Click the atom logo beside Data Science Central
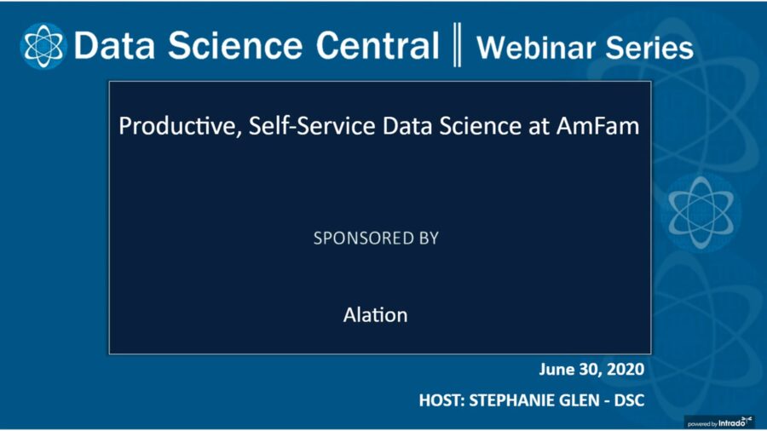43,46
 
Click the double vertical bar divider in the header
457,46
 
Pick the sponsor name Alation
375,315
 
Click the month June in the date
557,370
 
